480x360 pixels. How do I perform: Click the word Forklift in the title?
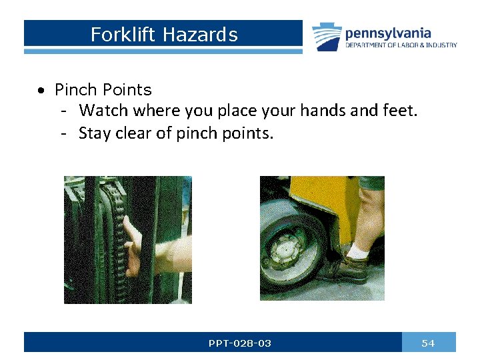(x=115, y=35)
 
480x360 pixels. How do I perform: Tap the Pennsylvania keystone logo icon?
(x=327, y=37)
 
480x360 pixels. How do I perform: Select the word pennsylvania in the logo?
(x=388, y=33)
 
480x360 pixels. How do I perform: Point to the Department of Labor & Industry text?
(x=401, y=45)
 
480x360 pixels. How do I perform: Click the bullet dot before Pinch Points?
(x=42, y=90)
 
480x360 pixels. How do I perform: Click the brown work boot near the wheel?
(x=347, y=268)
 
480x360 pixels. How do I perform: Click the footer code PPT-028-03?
(x=239, y=343)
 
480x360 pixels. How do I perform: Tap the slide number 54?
(x=428, y=343)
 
